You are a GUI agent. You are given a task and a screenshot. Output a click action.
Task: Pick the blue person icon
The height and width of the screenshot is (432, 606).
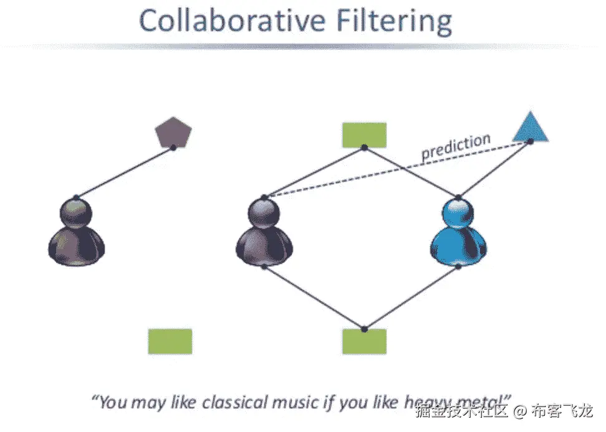[458, 233]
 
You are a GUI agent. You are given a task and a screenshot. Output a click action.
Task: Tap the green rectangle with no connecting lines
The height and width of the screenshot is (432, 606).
[170, 341]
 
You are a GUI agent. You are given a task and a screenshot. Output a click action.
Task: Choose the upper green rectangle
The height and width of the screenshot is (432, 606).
[364, 135]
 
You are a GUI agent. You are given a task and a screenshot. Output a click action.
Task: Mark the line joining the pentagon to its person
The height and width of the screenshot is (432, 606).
[125, 172]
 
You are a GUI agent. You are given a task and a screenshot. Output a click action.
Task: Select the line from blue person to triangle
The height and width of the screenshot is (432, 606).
[494, 170]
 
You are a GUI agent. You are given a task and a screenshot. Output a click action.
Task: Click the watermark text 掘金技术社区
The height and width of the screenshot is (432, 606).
[463, 411]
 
